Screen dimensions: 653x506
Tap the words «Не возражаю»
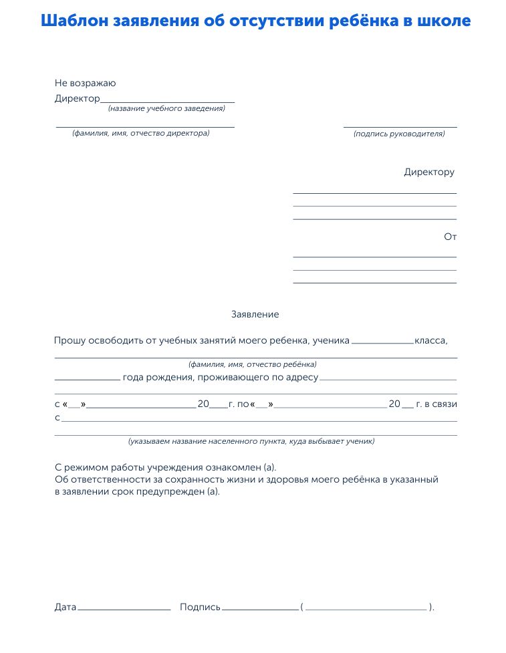[86, 84]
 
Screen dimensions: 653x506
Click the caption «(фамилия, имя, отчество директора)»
[141, 133]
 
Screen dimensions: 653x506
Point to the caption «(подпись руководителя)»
[399, 134]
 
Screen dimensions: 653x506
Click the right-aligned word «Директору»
[429, 172]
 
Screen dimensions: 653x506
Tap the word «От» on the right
[450, 237]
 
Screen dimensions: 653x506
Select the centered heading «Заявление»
[255, 314]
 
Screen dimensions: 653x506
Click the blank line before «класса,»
[382, 342]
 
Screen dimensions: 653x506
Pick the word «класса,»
[431, 340]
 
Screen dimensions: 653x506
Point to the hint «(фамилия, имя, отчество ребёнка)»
[253, 365]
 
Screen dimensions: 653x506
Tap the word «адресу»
[302, 378]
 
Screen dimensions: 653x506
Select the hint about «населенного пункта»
[251, 441]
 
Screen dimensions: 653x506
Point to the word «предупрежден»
[178, 492]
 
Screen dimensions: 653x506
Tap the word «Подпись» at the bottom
[200, 608]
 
